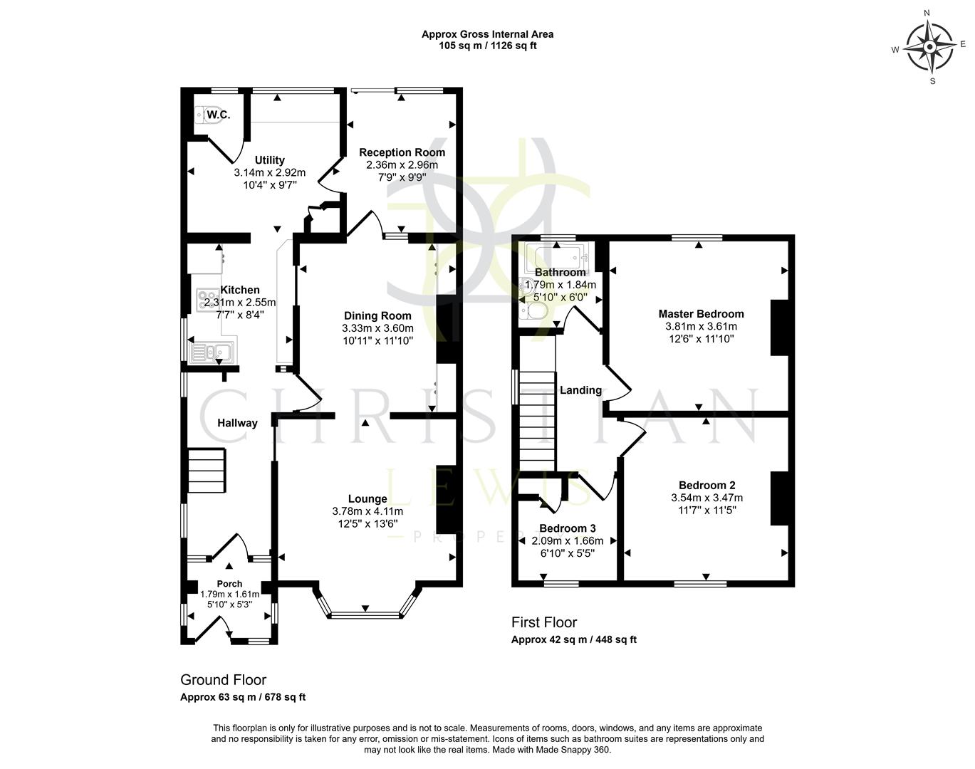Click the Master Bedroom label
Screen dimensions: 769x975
pos(701,314)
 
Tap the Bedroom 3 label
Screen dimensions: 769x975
pos(567,528)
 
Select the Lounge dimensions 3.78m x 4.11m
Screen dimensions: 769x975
pos(367,511)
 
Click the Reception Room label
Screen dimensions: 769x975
pos(402,152)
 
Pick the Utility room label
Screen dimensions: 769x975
pos(269,160)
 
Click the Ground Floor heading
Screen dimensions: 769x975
pos(223,680)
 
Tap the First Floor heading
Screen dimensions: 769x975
pos(544,623)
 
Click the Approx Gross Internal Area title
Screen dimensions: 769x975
pos(487,34)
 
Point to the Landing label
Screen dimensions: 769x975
pos(580,390)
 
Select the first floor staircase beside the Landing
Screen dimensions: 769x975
pos(536,421)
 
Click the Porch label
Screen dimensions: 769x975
pos(229,585)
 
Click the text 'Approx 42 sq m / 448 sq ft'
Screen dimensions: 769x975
pos(573,639)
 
